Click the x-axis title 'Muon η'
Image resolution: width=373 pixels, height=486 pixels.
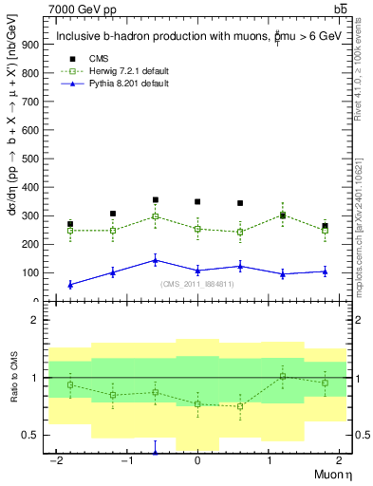(x=333, y=472)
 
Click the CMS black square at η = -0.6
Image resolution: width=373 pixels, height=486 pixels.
(x=155, y=200)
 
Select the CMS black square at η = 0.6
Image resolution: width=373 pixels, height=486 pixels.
(x=240, y=203)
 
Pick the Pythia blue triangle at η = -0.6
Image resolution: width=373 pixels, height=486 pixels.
(x=155, y=260)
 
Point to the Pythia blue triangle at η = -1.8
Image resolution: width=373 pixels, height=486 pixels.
(x=70, y=284)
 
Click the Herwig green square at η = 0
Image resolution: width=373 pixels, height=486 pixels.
(x=197, y=229)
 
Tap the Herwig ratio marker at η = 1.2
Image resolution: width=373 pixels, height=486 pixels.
(x=282, y=376)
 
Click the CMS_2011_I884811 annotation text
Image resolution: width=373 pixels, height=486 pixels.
(x=197, y=285)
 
